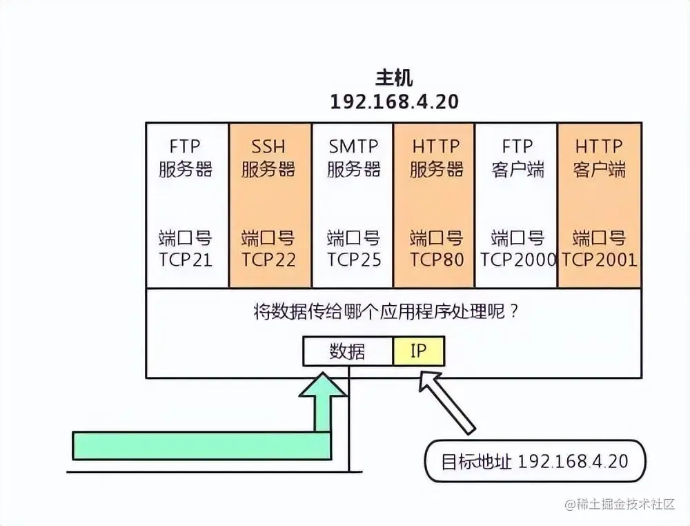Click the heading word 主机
tap(394, 77)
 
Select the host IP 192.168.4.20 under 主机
tap(394, 101)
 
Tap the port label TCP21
tap(186, 260)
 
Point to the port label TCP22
tap(268, 260)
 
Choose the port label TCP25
tap(353, 260)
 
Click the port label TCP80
tap(436, 260)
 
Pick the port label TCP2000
tap(518, 260)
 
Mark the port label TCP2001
tap(599, 260)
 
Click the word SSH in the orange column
tap(268, 147)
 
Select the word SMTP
tap(353, 147)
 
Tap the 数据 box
tap(348, 351)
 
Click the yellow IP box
tap(419, 351)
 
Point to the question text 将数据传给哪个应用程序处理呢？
tap(386, 311)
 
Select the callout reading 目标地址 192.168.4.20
tap(535, 461)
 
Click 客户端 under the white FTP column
tap(518, 170)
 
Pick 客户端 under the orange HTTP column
tap(599, 170)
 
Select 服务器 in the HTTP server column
tap(436, 170)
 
